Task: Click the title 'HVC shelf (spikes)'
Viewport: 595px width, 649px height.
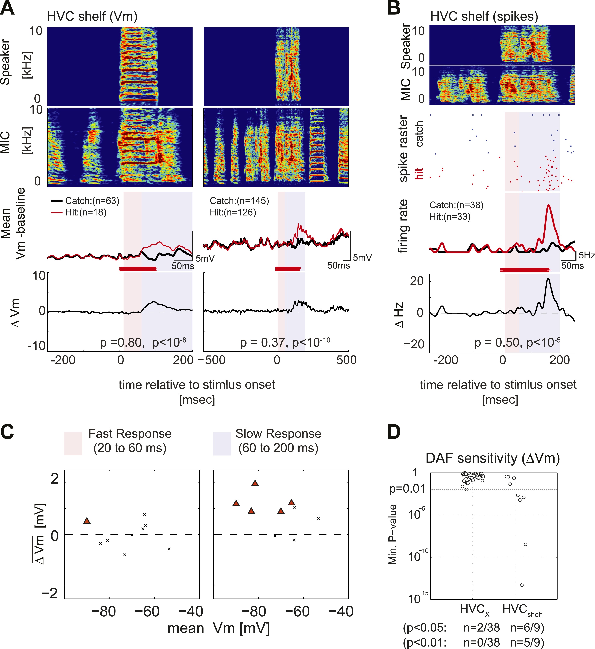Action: [484, 16]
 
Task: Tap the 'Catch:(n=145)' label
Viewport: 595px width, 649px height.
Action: [239, 201]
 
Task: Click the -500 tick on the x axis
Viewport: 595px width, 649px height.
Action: [211, 360]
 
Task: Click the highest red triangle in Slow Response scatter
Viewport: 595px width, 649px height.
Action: [255, 483]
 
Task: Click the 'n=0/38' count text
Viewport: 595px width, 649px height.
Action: [482, 642]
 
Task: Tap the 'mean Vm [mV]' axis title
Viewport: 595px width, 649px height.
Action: [218, 628]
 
